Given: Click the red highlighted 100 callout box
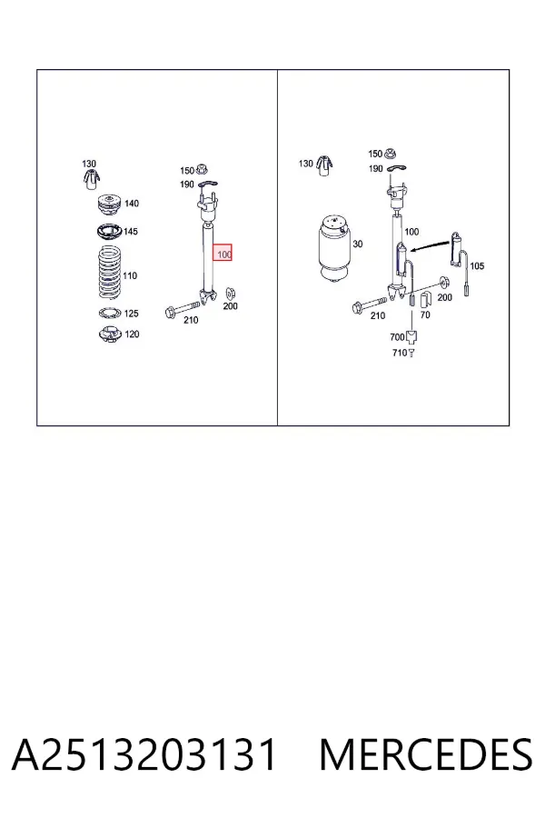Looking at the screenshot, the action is click(x=223, y=253).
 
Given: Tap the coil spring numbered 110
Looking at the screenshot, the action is click(x=110, y=273).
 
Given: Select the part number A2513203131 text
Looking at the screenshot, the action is click(x=144, y=754).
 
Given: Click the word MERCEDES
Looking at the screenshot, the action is click(x=426, y=754).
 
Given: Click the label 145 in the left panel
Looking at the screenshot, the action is click(x=131, y=231).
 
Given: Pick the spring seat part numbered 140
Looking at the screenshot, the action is click(x=110, y=205).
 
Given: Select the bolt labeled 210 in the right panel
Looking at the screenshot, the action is click(x=370, y=304).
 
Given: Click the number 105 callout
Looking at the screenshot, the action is click(x=477, y=266).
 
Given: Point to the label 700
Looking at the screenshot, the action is click(x=397, y=337).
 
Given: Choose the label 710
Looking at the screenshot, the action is click(x=399, y=353).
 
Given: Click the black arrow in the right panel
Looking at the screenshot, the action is click(x=431, y=244).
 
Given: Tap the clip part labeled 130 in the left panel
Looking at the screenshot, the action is click(x=90, y=179).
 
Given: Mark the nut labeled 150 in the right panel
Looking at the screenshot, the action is click(x=390, y=154).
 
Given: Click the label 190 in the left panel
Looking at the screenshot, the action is click(x=187, y=185).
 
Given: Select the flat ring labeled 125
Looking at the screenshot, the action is click(x=110, y=313).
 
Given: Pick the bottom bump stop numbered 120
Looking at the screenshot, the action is click(x=110, y=334).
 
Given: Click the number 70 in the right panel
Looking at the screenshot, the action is click(x=425, y=314).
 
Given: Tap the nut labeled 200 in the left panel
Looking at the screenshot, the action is click(x=230, y=294).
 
